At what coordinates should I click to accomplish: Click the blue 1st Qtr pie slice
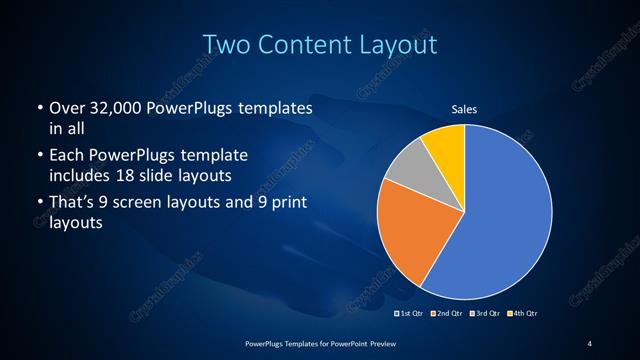click(x=500, y=210)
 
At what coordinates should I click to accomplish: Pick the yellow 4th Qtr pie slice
click(x=444, y=146)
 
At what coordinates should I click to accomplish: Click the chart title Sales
click(x=464, y=108)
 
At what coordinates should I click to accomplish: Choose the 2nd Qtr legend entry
click(x=446, y=314)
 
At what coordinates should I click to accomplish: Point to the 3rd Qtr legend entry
click(x=484, y=314)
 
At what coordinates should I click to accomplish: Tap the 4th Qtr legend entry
click(x=523, y=314)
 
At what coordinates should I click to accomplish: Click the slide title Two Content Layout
click(x=319, y=45)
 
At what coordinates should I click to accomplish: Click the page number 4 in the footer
click(x=590, y=343)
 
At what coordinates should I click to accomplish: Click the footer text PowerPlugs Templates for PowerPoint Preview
click(x=319, y=343)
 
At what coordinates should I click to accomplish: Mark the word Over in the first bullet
click(x=65, y=107)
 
